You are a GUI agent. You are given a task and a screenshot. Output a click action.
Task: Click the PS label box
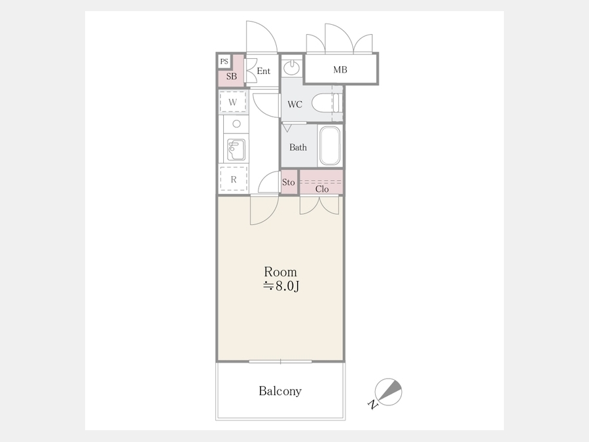[224, 62]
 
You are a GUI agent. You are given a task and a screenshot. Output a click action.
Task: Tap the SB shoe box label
[232, 77]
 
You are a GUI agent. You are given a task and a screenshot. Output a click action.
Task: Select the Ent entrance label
[263, 71]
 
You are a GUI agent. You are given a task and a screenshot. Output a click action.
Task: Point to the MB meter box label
[340, 69]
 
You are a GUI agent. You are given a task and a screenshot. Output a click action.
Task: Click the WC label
[295, 104]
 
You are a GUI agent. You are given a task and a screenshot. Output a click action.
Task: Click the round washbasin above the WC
[291, 68]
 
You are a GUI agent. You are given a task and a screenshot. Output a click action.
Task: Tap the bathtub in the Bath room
[330, 145]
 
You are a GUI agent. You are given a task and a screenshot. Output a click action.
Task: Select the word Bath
[298, 147]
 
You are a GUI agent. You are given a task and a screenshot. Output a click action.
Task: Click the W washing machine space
[233, 102]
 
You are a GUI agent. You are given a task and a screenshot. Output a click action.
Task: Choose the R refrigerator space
[233, 179]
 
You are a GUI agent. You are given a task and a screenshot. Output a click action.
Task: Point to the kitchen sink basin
[236, 149]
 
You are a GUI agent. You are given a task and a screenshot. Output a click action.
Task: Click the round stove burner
[237, 124]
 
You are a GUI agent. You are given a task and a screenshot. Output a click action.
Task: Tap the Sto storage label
[289, 182]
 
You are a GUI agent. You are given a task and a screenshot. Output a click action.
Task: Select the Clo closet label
[322, 189]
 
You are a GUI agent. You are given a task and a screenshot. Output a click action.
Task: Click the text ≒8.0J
[281, 286]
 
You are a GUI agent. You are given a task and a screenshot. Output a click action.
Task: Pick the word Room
[280, 272]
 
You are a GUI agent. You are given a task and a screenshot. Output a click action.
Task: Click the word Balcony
[280, 392]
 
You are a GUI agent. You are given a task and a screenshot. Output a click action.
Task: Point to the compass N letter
[372, 405]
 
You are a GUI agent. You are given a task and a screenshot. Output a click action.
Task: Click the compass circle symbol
[388, 392]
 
